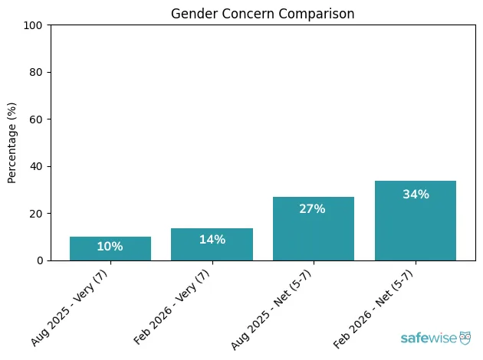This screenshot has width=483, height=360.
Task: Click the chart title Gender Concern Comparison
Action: (262, 13)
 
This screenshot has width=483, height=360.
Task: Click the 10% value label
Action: (110, 247)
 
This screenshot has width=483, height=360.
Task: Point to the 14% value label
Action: (212, 240)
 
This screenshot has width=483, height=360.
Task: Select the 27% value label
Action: (313, 209)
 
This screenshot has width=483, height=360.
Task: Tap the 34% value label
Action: (415, 195)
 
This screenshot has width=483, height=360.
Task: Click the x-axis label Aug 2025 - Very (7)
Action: (74, 306)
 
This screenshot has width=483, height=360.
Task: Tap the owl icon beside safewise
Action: (465, 337)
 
